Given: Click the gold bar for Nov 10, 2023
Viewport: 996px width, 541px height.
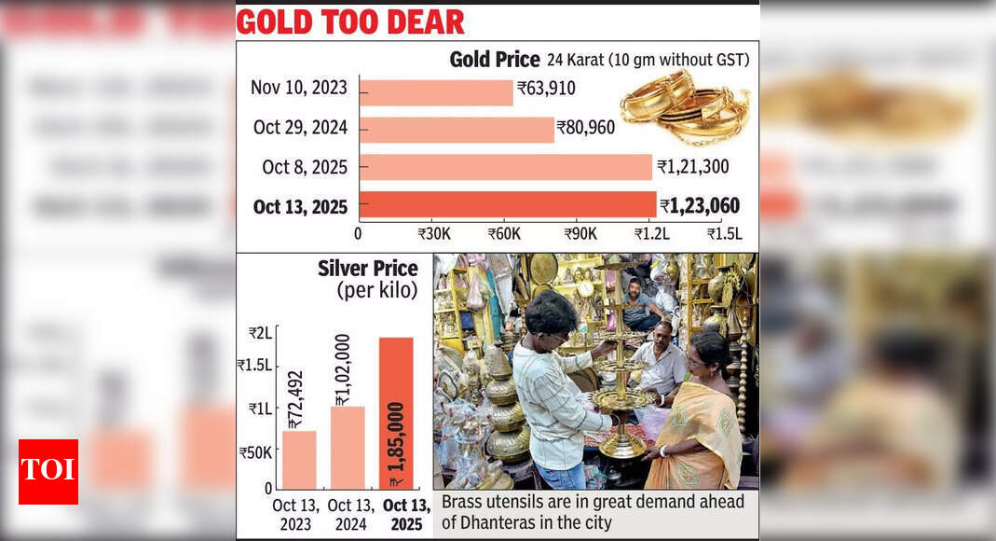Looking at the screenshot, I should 436,91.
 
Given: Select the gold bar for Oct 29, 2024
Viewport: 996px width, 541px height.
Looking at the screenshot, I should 457,129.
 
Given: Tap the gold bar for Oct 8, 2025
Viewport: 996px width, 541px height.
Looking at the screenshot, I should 505,167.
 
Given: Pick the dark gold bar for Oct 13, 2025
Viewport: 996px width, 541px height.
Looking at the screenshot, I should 508,205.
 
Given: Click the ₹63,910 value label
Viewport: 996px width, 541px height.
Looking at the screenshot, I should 546,90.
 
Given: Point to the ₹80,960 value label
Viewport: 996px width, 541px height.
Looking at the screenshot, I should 586,128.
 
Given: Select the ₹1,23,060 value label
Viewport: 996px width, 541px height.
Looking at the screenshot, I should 700,206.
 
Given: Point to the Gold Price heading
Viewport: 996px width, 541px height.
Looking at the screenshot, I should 494,60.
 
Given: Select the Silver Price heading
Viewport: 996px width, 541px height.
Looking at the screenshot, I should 367,270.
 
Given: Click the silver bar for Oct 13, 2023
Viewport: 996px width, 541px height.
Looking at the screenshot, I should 299,459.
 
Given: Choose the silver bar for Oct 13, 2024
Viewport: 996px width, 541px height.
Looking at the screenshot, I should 348,447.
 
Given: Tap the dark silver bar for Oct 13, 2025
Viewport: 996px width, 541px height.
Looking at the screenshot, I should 396,412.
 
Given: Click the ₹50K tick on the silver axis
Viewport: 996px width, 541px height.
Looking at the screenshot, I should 254,453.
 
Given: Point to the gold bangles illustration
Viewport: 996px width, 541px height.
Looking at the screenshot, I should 685,107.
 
